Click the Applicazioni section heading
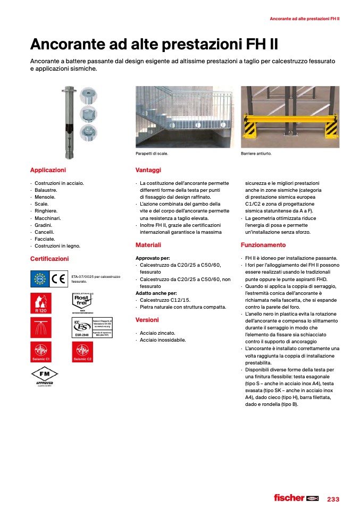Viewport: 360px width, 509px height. (48, 170)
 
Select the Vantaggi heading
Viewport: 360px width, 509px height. (148, 170)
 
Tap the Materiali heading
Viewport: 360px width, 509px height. (148, 245)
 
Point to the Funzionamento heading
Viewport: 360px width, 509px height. (263, 245)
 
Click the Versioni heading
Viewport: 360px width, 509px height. (147, 320)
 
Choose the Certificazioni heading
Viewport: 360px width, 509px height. (49, 259)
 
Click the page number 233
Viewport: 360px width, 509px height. (333, 499)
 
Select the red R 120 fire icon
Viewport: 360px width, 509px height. (40, 303)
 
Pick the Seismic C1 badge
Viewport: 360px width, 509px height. (40, 351)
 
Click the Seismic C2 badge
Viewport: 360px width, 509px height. (82, 351)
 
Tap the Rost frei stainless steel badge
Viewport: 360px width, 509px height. (82, 302)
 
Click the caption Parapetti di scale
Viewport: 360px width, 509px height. (152, 154)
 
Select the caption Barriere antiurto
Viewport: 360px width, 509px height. (256, 154)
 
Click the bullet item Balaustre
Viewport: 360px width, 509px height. (46, 190)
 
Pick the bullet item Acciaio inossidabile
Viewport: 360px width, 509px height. (163, 340)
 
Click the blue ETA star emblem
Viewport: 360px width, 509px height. (39, 278)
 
